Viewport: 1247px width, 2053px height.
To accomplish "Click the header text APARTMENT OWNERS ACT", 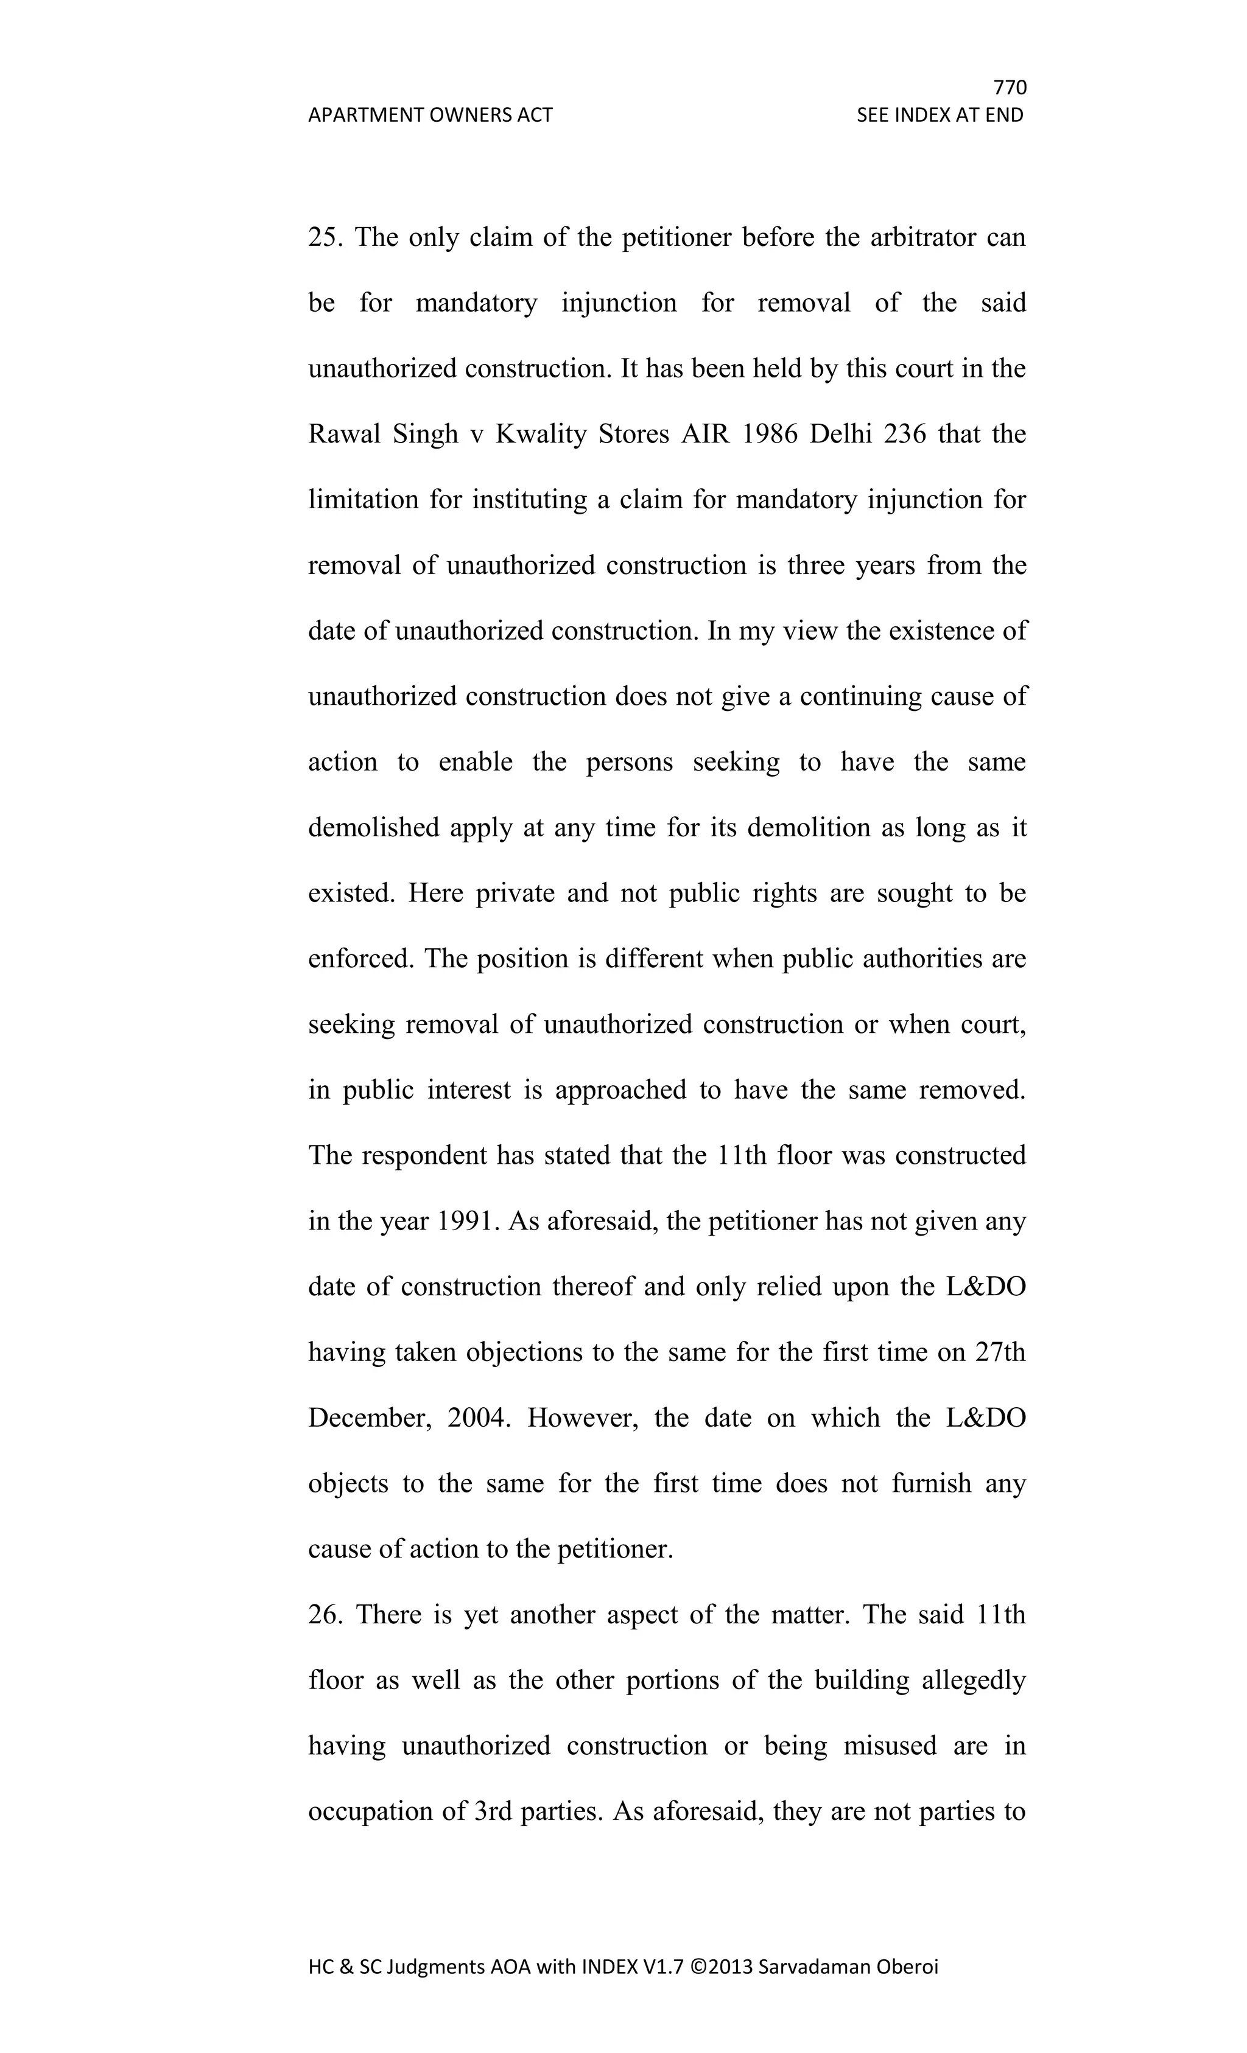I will pos(430,115).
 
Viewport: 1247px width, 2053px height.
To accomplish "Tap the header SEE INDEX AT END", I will pos(940,115).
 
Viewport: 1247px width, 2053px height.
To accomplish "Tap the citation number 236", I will pos(904,434).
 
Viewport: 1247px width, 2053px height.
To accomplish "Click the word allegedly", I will pos(974,1680).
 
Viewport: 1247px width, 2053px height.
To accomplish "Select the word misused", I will pos(890,1746).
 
